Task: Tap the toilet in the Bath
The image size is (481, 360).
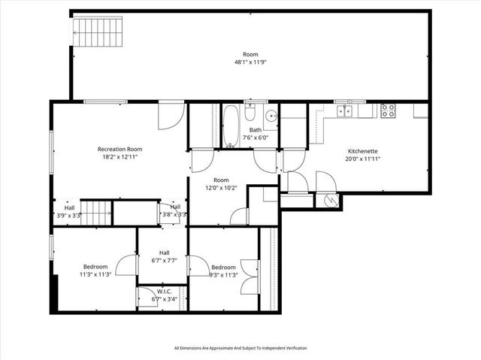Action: click(250, 115)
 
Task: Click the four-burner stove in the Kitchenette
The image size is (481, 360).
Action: click(388, 110)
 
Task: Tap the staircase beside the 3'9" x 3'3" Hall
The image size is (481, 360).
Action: click(95, 211)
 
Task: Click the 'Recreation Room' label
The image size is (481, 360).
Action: click(119, 149)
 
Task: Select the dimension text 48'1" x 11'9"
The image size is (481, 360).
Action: click(250, 62)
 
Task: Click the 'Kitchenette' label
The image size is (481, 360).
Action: click(362, 150)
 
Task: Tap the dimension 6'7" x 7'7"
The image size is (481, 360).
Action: click(164, 261)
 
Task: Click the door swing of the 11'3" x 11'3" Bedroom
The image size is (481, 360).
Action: click(126, 265)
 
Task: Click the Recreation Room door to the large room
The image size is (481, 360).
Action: click(171, 115)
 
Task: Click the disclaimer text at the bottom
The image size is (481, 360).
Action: click(240, 348)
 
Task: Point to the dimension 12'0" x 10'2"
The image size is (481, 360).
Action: click(220, 188)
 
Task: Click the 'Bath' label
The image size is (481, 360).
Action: click(256, 130)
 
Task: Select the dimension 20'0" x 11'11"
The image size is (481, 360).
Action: click(362, 159)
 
